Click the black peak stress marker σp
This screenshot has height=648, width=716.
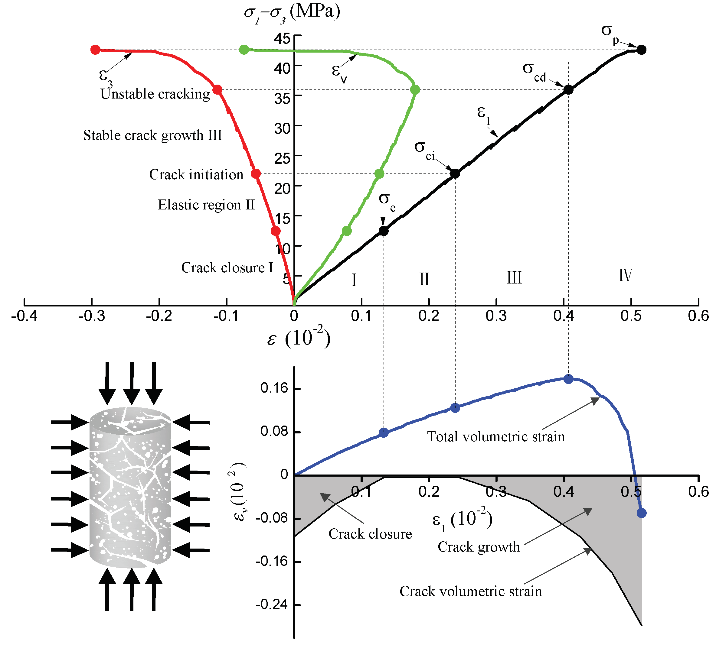641,50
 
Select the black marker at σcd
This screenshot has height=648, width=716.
568,89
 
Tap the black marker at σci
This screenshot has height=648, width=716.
455,173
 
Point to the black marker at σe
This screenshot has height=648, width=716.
383,231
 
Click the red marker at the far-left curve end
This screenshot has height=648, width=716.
95,50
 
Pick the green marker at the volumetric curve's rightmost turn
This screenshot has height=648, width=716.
415,90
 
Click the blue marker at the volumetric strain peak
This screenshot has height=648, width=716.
568,379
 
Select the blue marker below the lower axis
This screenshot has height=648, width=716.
641,513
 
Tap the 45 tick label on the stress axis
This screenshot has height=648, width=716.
282,38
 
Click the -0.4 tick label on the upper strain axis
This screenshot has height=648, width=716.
24,316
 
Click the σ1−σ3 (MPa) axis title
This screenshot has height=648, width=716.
292,13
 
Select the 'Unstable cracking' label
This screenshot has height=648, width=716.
155,94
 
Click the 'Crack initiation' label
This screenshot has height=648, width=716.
196,175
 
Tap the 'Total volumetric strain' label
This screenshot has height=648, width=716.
496,436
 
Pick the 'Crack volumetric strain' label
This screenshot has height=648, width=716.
471,591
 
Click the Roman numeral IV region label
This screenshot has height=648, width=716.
626,275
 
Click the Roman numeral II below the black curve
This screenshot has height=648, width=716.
424,279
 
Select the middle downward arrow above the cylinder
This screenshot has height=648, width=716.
131,383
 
